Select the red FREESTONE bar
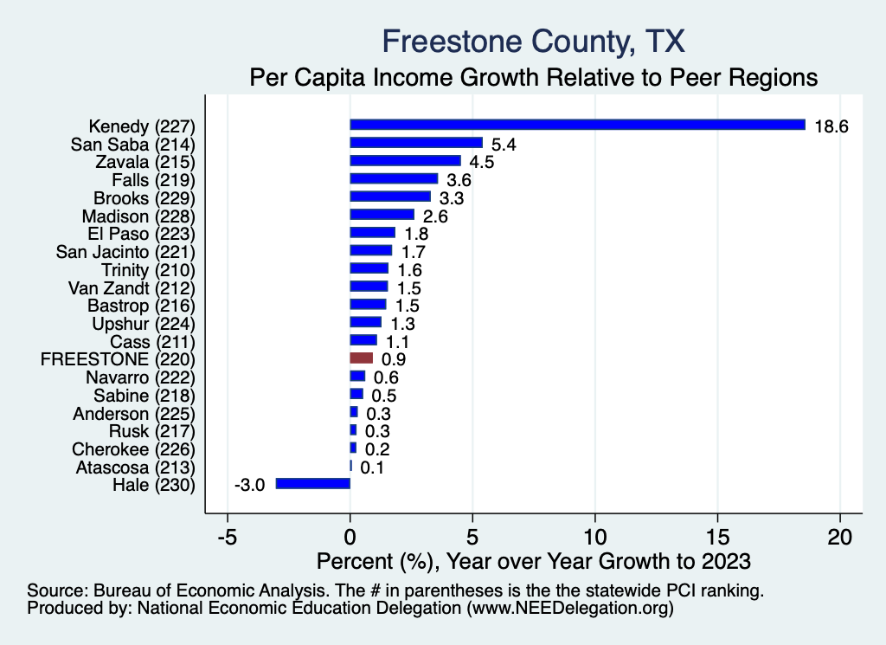(362, 358)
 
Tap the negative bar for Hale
(313, 483)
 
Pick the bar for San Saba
(416, 143)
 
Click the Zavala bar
(405, 161)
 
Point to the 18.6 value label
(831, 126)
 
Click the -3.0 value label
(249, 485)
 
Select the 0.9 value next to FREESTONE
(395, 359)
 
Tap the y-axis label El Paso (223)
(141, 233)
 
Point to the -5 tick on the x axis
(227, 536)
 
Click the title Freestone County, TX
(533, 42)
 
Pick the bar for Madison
(382, 215)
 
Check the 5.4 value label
(504, 144)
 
